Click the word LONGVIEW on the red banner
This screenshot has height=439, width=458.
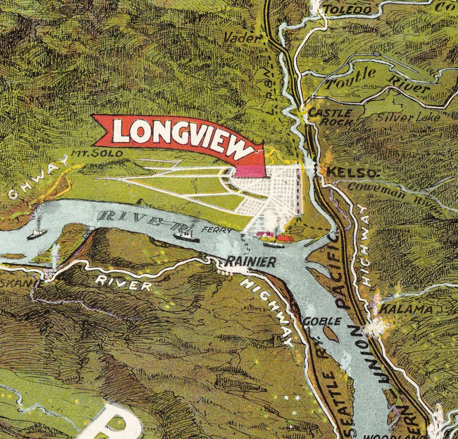(184, 136)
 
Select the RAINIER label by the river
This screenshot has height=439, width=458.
(250, 261)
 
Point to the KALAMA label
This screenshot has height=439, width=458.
(406, 309)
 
